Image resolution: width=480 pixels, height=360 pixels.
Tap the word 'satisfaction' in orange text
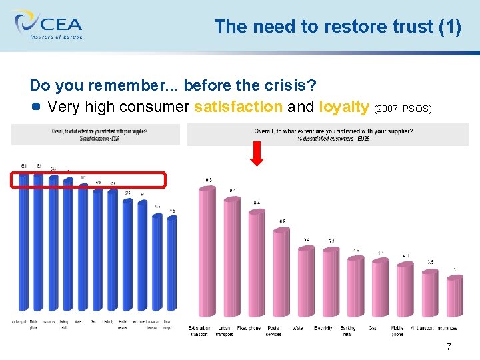tap(238, 107)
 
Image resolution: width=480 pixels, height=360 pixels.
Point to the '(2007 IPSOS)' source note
tap(403, 108)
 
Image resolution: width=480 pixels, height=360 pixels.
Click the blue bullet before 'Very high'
tap(37, 107)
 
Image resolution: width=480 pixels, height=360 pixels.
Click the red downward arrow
tap(258, 153)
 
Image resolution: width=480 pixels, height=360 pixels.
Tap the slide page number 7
tap(449, 347)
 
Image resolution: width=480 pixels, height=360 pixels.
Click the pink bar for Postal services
tap(281, 277)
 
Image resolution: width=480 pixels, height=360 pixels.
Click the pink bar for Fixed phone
tap(257, 267)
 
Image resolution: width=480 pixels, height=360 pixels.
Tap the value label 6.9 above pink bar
tap(282, 221)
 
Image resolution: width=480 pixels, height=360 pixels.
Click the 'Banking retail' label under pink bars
tap(347, 331)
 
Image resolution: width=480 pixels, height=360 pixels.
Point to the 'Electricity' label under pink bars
tap(323, 328)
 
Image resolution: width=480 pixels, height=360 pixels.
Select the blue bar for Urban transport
tap(171, 263)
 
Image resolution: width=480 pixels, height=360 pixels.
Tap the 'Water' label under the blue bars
tap(78, 321)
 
